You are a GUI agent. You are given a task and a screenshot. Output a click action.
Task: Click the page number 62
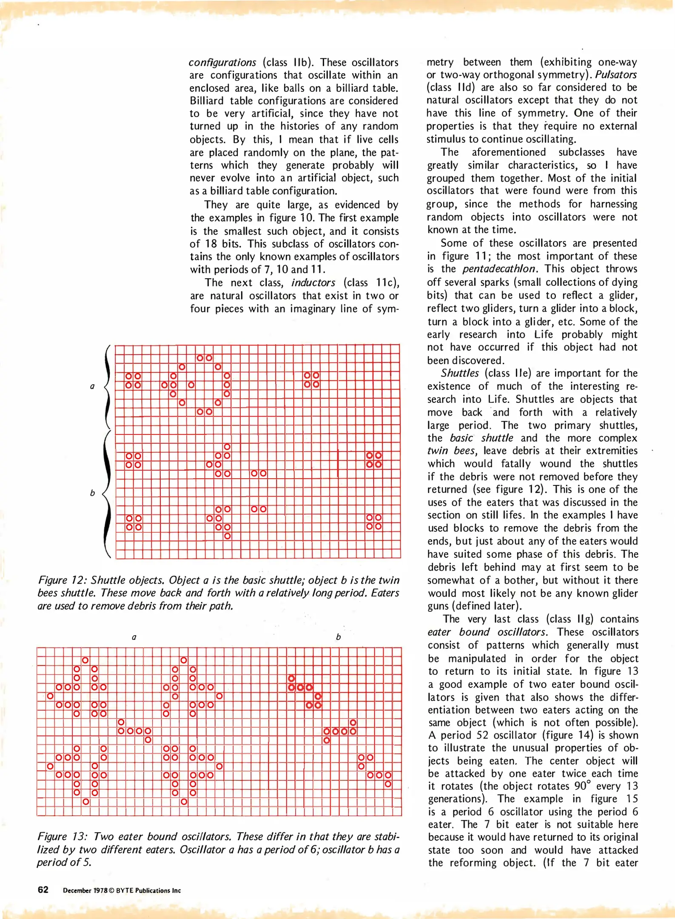(43, 890)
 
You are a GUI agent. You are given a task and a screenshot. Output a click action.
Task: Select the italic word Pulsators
(615, 74)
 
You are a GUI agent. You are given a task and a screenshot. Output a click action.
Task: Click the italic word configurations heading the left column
(222, 63)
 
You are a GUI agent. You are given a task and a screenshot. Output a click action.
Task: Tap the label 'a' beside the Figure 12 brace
(92, 386)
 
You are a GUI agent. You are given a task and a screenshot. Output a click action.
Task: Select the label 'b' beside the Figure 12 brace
(92, 493)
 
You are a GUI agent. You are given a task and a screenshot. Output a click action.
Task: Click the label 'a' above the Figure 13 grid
(134, 637)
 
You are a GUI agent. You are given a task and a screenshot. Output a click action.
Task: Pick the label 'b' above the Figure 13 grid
(338, 637)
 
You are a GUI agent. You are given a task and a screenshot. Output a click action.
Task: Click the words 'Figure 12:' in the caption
(62, 580)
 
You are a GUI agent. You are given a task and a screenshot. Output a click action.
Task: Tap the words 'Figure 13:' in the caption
(62, 836)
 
